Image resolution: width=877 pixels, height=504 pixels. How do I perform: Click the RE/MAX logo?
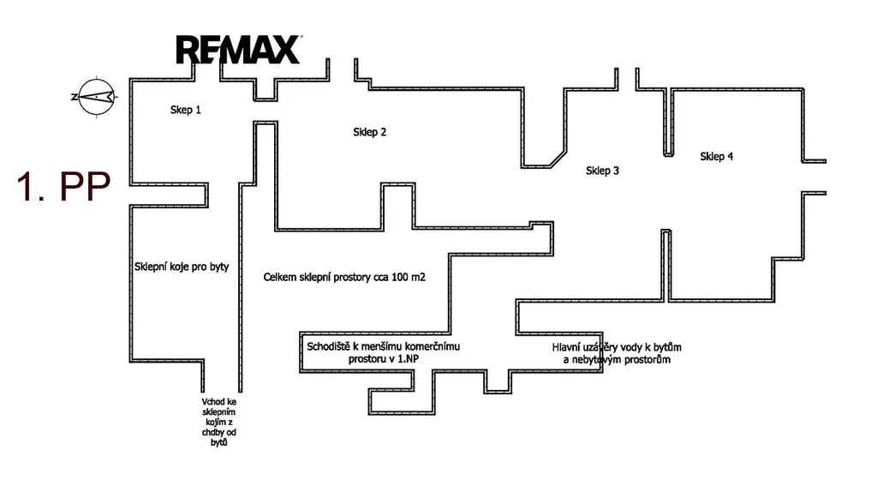(239, 49)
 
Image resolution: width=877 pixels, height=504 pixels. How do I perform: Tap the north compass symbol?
(97, 97)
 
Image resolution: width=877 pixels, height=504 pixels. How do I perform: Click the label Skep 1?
(186, 110)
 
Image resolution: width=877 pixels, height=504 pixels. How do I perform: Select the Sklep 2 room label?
(370, 132)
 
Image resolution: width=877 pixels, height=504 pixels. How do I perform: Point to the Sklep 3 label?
(602, 171)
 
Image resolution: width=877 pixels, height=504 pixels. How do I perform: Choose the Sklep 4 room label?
(717, 157)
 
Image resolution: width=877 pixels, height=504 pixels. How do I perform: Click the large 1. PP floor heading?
(63, 187)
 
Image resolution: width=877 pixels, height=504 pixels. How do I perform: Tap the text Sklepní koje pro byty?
(182, 267)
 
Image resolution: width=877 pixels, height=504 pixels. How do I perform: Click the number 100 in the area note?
(400, 277)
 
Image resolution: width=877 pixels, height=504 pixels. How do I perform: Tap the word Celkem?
(280, 277)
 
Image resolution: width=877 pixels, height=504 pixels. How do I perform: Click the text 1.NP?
(407, 359)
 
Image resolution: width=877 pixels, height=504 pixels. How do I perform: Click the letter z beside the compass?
(74, 97)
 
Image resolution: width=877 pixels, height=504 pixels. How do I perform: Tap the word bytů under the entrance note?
(219, 442)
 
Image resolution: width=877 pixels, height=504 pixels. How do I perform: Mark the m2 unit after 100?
(418, 277)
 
